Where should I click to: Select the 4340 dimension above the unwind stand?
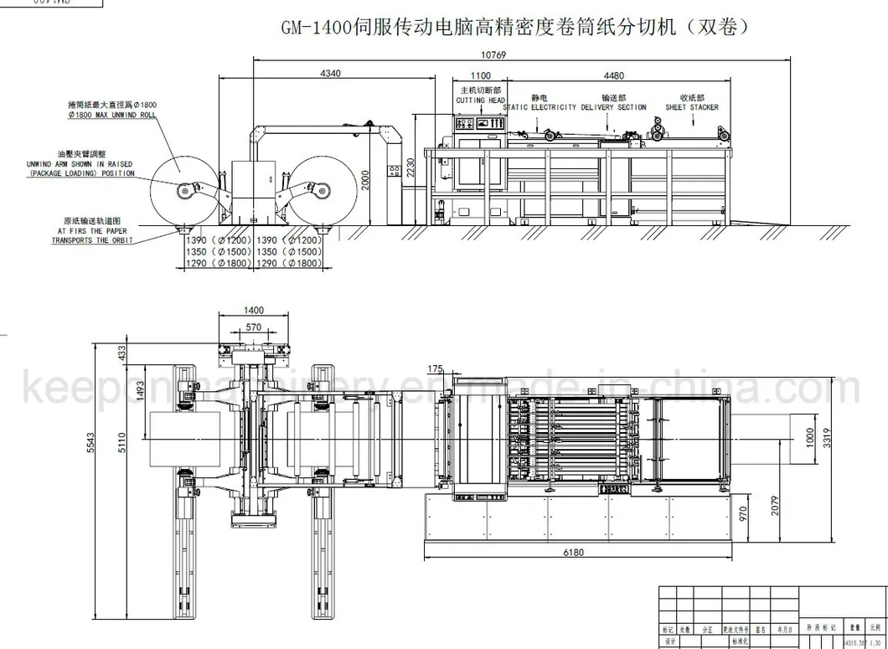(x=330, y=74)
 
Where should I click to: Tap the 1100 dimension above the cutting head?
(x=480, y=75)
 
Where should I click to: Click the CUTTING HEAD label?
(x=480, y=100)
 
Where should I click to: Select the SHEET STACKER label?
(x=692, y=107)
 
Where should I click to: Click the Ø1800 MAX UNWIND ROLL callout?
(x=112, y=114)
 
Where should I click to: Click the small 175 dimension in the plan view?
(x=435, y=369)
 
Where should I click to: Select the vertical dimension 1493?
(x=142, y=389)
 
